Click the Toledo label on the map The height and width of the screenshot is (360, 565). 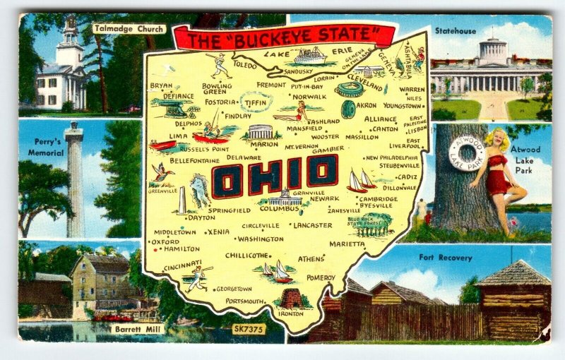click(x=244, y=64)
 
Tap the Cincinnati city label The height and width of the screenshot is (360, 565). click(x=182, y=267)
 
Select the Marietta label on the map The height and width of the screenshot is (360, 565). click(x=347, y=244)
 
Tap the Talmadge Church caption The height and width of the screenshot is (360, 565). click(x=129, y=29)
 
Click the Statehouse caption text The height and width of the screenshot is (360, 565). click(x=456, y=31)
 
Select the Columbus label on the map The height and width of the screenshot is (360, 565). click(x=279, y=209)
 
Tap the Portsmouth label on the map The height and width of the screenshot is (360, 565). click(x=244, y=301)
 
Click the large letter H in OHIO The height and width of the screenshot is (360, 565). click(x=261, y=176)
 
